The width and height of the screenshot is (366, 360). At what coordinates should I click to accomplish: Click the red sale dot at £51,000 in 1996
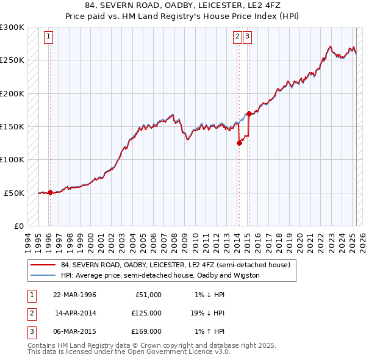tap(50, 192)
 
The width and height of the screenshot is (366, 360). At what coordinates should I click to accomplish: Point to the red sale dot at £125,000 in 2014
tap(239, 143)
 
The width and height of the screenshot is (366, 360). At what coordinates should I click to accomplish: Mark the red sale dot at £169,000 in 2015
tap(249, 113)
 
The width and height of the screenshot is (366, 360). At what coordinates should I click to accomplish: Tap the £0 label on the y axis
tap(18, 226)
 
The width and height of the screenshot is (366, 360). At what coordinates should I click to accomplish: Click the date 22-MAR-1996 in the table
tap(75, 295)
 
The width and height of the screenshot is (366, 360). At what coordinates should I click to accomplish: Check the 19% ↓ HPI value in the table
tap(208, 313)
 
